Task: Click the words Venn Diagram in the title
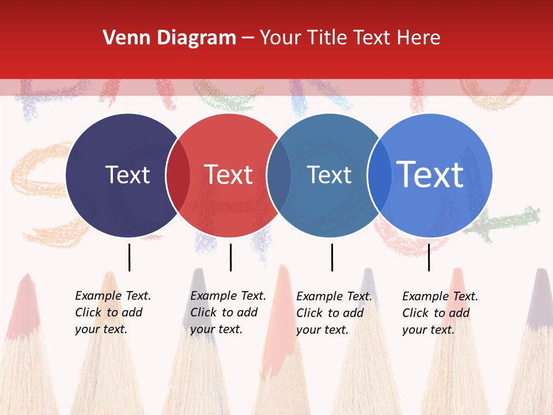[169, 38]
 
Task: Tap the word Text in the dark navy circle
[127, 175]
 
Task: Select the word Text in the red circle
[229, 175]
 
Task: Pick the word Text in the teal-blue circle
[329, 175]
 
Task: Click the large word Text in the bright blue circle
[430, 175]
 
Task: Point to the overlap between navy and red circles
[178, 175]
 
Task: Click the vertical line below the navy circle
[129, 257]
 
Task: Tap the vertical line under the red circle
[230, 257]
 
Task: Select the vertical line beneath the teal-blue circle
[332, 257]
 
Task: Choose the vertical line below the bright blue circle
[429, 257]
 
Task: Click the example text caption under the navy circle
[112, 312]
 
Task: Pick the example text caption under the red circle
[228, 312]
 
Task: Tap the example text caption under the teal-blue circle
[334, 313]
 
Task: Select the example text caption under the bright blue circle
[440, 313]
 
